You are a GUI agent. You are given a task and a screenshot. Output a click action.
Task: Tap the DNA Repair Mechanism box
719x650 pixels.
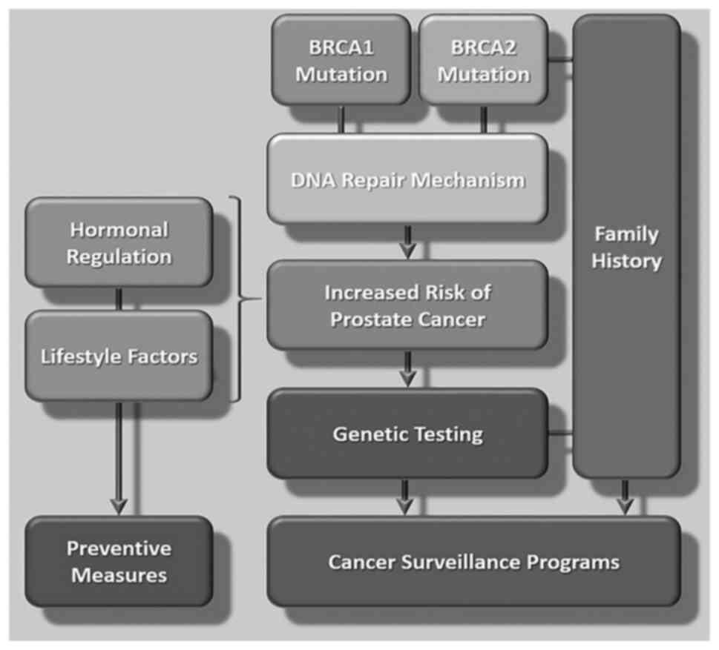pos(407,179)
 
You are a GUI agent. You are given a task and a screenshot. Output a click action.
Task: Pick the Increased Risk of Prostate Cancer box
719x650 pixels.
pos(407,305)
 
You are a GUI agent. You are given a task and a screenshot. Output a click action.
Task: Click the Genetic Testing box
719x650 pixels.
pos(407,433)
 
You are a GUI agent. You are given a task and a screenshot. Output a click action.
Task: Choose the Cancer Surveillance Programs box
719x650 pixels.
pos(473,561)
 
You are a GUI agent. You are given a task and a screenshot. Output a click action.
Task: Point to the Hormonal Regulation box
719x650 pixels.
pos(119,242)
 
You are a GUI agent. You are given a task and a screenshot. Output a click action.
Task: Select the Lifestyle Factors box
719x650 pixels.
pos(119,356)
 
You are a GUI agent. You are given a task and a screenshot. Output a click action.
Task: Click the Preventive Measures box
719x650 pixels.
pos(119,561)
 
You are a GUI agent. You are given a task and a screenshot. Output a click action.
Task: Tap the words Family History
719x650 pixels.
pos(626,248)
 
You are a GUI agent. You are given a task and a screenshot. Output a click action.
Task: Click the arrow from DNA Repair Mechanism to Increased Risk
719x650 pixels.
pos(407,242)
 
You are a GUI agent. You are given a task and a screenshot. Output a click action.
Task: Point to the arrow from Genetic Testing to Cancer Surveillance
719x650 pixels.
pos(404,497)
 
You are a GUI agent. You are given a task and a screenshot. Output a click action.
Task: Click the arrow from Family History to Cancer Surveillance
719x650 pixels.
pos(626,497)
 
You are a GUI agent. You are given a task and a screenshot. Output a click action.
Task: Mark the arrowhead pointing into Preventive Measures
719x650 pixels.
pos(119,505)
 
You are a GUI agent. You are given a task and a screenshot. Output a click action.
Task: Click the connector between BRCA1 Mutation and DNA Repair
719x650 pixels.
pos(342,119)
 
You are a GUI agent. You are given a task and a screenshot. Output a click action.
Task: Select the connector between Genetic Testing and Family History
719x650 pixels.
pos(561,433)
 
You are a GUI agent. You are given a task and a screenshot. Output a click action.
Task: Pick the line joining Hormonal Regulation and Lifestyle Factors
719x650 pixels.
pos(119,299)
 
